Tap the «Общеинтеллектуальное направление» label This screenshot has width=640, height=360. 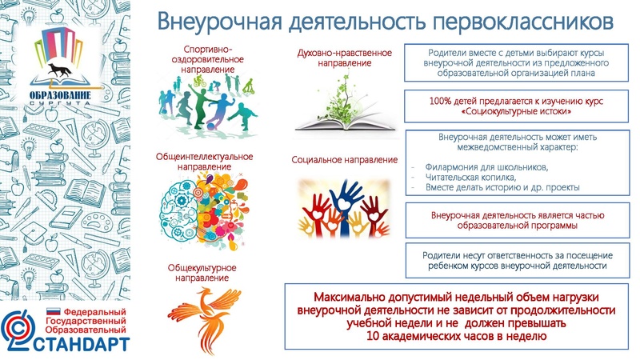(x=204, y=160)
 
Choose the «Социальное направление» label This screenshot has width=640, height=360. (x=344, y=160)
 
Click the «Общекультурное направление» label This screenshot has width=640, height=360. (x=199, y=271)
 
